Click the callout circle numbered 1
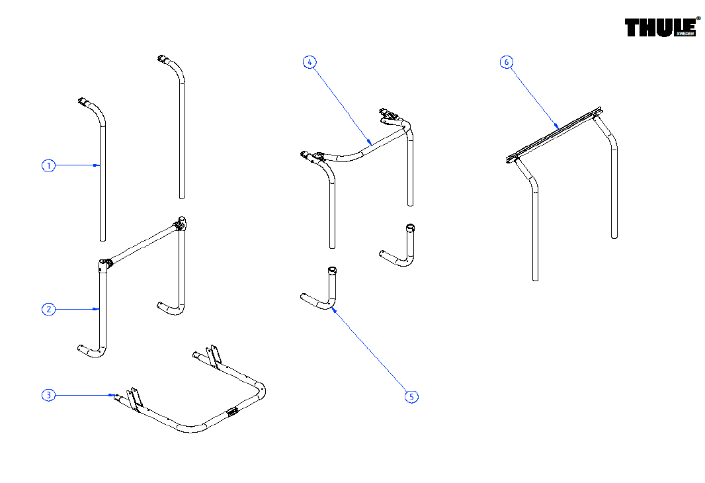tap(48, 166)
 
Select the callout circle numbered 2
tap(48, 309)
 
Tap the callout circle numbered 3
tap(48, 395)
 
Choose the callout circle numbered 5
tap(411, 396)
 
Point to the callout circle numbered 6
tap(506, 62)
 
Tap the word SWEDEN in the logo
tap(684, 34)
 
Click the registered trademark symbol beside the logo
tap(698, 19)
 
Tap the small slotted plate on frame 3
tap(232, 412)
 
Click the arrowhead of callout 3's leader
tap(111, 395)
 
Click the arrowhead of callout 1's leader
tap(99, 166)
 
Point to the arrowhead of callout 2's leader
tap(99, 309)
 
